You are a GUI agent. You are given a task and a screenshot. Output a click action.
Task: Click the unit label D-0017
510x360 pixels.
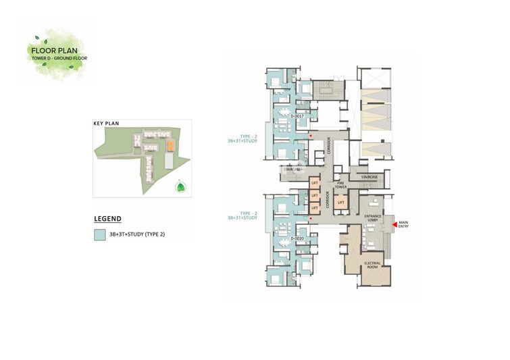click(x=296, y=116)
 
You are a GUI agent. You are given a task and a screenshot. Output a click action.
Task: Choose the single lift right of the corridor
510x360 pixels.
click(x=341, y=202)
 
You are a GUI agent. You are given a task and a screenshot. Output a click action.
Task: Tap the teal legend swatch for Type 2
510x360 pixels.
click(x=99, y=234)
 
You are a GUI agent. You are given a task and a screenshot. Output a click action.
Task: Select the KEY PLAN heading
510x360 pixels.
click(x=106, y=124)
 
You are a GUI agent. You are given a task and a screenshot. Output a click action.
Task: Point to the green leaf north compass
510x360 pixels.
click(x=180, y=187)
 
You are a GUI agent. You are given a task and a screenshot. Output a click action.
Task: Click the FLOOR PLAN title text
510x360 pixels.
click(x=60, y=49)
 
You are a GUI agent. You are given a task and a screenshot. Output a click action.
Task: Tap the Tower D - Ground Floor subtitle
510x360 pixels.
click(x=60, y=58)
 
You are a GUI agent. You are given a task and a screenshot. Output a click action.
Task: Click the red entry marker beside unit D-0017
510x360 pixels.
click(x=311, y=136)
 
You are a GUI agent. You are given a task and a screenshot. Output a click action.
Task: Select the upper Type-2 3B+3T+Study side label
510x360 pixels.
click(x=243, y=137)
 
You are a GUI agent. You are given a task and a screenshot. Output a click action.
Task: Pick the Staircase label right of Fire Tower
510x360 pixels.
click(x=369, y=177)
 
